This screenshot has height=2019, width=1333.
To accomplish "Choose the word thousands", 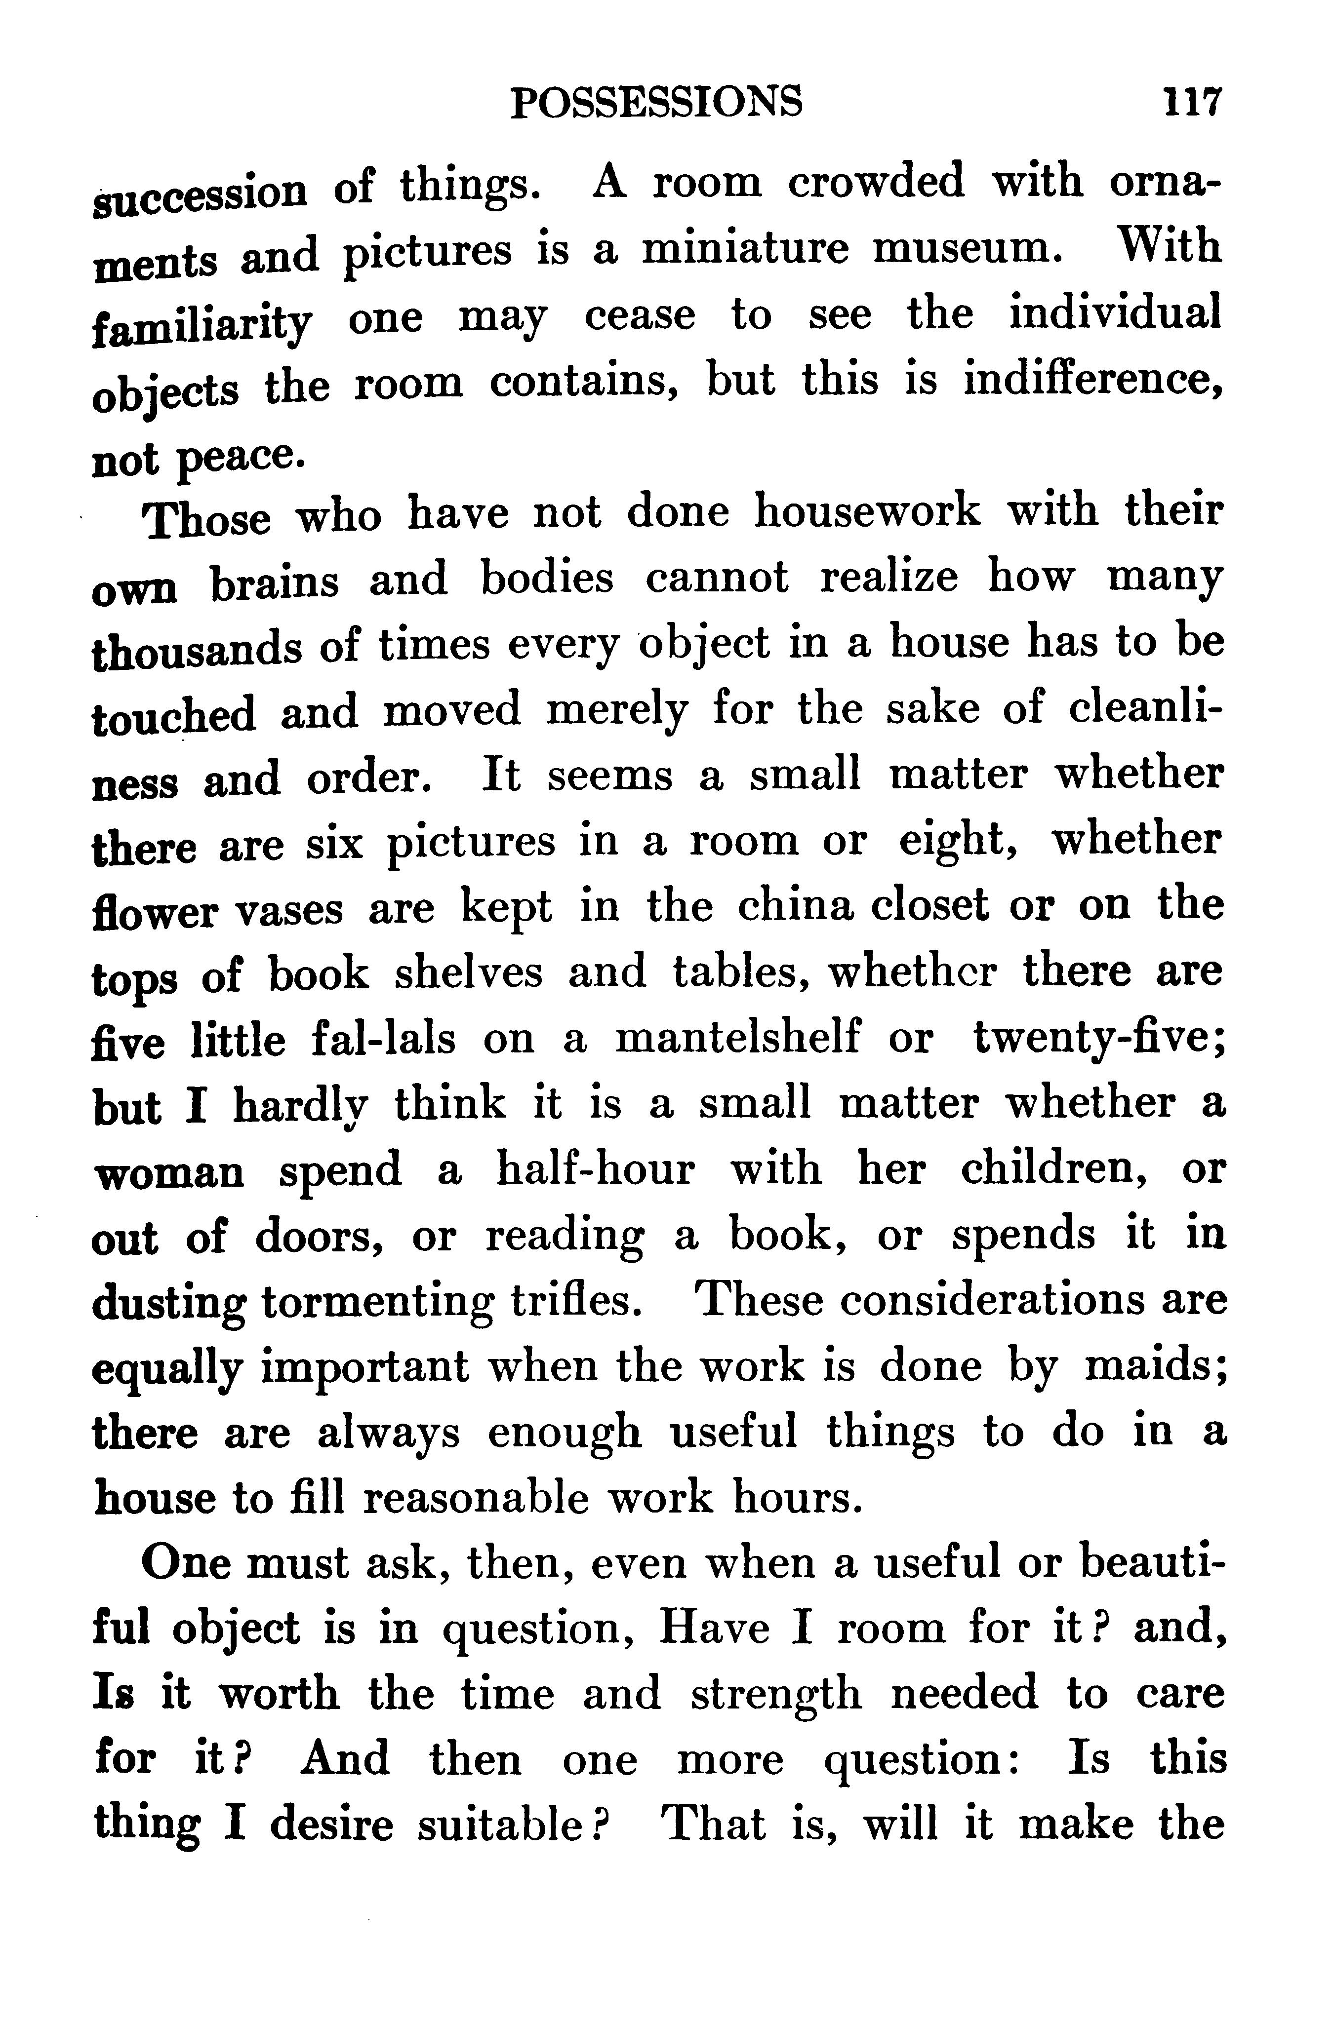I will (197, 648).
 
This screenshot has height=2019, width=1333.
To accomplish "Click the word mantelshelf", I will (737, 1039).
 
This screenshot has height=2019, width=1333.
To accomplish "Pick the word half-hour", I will (595, 1170).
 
